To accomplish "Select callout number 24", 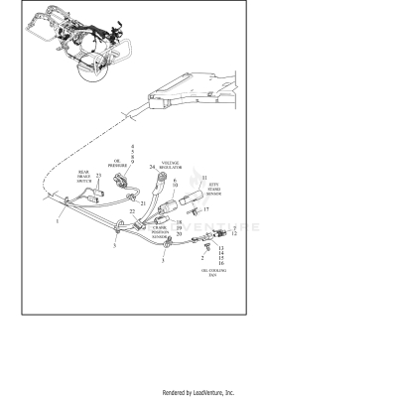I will click(x=152, y=168).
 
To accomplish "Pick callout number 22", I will click(x=132, y=212).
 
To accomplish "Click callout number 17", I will click(x=206, y=210).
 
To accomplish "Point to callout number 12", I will click(x=234, y=234).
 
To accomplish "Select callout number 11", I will click(x=204, y=177).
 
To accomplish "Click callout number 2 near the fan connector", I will click(x=202, y=255).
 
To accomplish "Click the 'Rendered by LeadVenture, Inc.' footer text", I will click(x=198, y=392).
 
